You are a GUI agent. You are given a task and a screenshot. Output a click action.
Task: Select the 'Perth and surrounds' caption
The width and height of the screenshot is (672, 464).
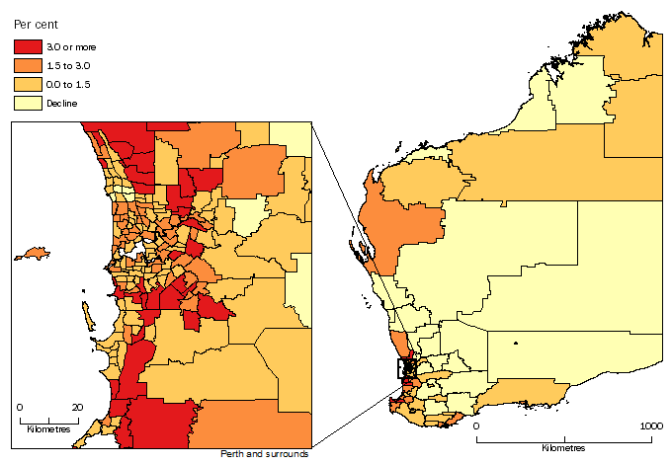266,454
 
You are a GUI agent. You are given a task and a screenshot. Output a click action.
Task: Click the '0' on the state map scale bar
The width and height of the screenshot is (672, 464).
476,425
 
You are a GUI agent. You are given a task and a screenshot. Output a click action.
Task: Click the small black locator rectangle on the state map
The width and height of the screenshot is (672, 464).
408,368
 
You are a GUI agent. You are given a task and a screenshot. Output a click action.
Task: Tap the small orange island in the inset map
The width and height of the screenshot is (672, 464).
40,254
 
